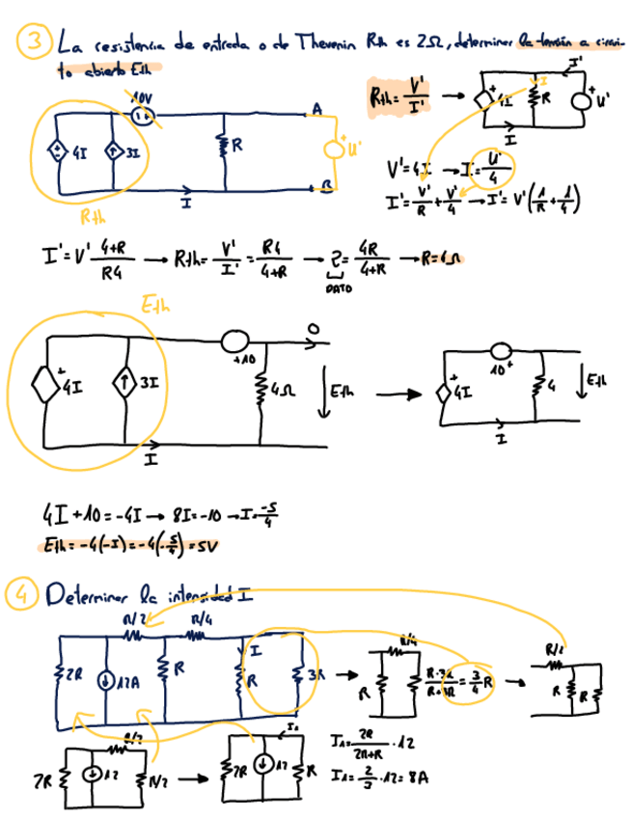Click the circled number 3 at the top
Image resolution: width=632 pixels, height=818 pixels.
[35, 41]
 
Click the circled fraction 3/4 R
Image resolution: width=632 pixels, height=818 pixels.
[479, 677]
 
